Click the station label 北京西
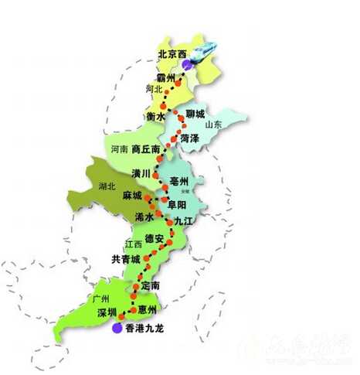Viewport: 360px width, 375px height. click(x=172, y=54)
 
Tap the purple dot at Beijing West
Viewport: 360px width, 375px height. click(x=186, y=66)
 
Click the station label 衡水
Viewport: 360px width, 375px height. click(x=155, y=116)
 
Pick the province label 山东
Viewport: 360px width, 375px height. click(x=213, y=124)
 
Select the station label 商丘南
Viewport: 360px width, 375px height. click(x=145, y=148)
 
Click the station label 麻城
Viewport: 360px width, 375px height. click(x=132, y=195)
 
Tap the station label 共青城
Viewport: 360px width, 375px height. click(x=126, y=258)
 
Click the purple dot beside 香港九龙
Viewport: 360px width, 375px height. click(x=117, y=329)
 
